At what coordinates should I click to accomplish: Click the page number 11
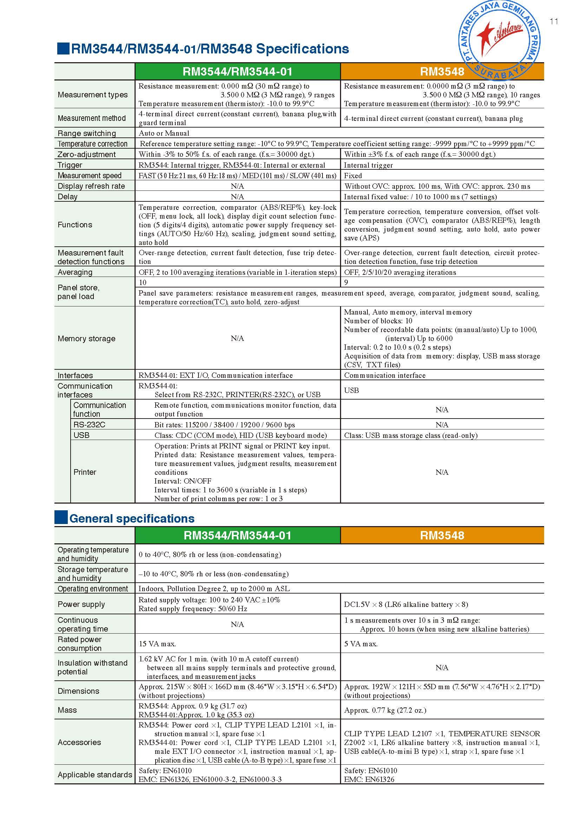[x=554, y=21]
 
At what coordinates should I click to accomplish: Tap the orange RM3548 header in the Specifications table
[x=442, y=72]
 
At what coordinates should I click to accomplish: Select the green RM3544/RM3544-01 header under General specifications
[x=237, y=535]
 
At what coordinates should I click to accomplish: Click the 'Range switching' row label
[x=87, y=133]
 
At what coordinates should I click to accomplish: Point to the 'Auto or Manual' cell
[x=164, y=133]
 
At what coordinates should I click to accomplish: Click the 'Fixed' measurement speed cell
[x=353, y=175]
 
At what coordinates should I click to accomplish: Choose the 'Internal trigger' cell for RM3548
[x=368, y=165]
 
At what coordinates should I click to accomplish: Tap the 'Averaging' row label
[x=75, y=272]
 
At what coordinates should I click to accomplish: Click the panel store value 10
[x=143, y=283]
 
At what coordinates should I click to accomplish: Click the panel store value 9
[x=346, y=283]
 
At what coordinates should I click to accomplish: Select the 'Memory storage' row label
[x=86, y=338]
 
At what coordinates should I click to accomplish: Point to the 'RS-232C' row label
[x=89, y=425]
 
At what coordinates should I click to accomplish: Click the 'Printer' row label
[x=85, y=472]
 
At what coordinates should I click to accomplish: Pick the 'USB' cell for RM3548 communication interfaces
[x=351, y=390]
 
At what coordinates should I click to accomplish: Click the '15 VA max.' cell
[x=157, y=644]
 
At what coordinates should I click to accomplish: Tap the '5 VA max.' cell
[x=361, y=644]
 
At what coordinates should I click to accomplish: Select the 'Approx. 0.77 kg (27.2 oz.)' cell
[x=385, y=710]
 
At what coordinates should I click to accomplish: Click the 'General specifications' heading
[x=132, y=518]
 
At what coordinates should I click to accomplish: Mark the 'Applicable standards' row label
[x=95, y=775]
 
